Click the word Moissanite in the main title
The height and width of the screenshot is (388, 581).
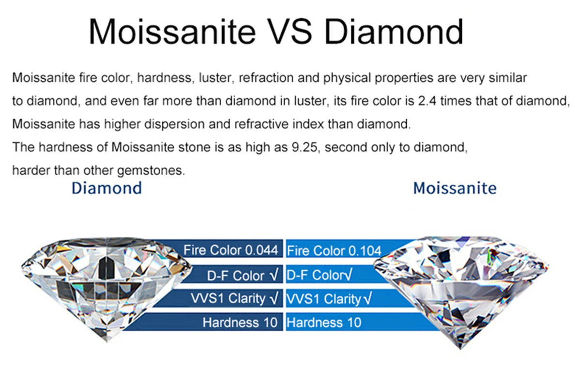coord(172,32)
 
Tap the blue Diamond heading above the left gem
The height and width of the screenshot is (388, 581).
coord(107,188)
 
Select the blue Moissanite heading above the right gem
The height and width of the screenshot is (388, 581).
coord(455,188)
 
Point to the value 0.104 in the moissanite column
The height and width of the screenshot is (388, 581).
coord(365,251)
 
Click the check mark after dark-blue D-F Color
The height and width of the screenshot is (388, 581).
coord(274,275)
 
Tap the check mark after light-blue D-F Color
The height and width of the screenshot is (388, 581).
coord(348,274)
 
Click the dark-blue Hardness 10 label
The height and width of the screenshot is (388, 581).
coord(240,323)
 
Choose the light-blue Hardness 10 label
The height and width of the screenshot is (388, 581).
coord(324,323)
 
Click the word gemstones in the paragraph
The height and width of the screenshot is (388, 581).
coord(151,171)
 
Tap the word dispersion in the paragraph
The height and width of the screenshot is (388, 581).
coord(174,124)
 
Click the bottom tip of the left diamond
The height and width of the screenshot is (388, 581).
coord(107,342)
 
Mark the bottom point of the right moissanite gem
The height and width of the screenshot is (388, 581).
coord(460,349)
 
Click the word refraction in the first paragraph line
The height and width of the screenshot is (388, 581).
coord(266,78)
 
